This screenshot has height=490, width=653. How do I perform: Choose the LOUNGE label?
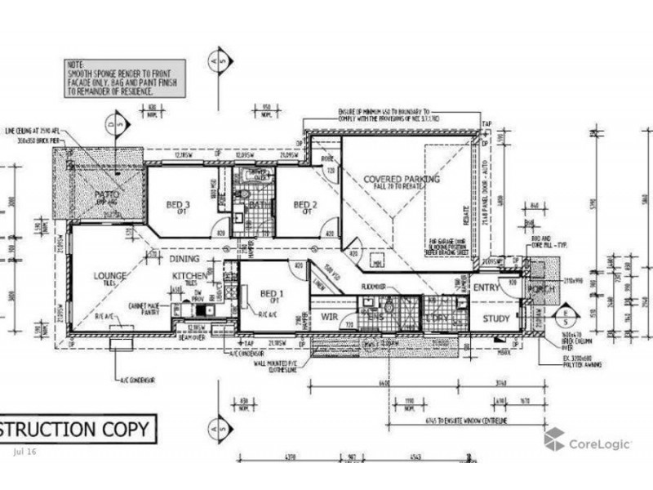(x=109, y=276)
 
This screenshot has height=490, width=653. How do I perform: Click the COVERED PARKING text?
(x=402, y=178)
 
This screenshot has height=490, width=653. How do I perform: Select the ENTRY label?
(x=486, y=287)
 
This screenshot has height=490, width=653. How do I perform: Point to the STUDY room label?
(x=495, y=318)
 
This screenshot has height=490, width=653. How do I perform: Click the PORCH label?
(x=541, y=291)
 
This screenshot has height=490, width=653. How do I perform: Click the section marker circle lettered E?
(x=563, y=314)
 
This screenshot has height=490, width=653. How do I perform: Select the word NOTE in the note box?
(x=76, y=65)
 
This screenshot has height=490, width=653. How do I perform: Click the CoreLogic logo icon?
(x=555, y=439)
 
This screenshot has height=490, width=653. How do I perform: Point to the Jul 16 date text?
(x=24, y=452)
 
